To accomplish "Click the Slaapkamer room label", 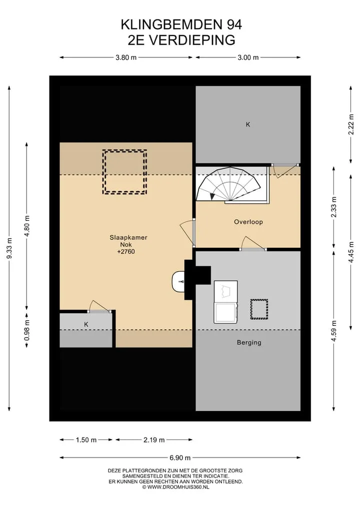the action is (x=128, y=237).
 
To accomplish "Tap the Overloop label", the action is (x=248, y=222).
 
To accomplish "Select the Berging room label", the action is (x=249, y=343).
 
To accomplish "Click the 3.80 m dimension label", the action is (x=126, y=57).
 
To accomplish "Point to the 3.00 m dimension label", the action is (x=248, y=57).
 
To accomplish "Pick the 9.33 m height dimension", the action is (x=9, y=248).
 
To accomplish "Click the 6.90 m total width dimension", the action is (x=180, y=458).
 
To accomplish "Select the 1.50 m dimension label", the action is (x=86, y=440).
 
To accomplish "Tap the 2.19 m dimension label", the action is (x=154, y=440).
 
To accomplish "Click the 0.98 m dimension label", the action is (x=27, y=330).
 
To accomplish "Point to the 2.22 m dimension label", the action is (x=351, y=124).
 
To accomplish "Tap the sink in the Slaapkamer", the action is (x=178, y=281).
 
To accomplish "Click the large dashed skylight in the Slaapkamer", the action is (x=125, y=172).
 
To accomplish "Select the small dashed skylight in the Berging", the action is (x=259, y=309).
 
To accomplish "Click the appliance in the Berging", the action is (x=225, y=302).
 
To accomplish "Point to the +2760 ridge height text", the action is (x=126, y=252).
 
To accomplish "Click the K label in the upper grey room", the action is (x=248, y=124).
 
